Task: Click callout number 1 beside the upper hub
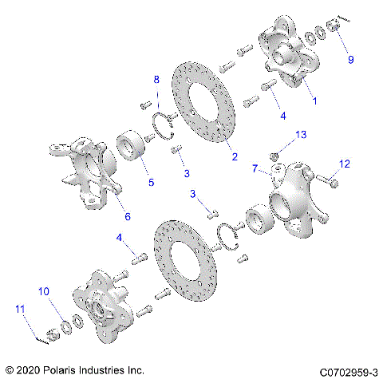click(314, 102)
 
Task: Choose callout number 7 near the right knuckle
click(256, 169)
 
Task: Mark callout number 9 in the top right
click(349, 60)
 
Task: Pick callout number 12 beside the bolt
click(345, 164)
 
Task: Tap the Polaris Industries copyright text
click(73, 371)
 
